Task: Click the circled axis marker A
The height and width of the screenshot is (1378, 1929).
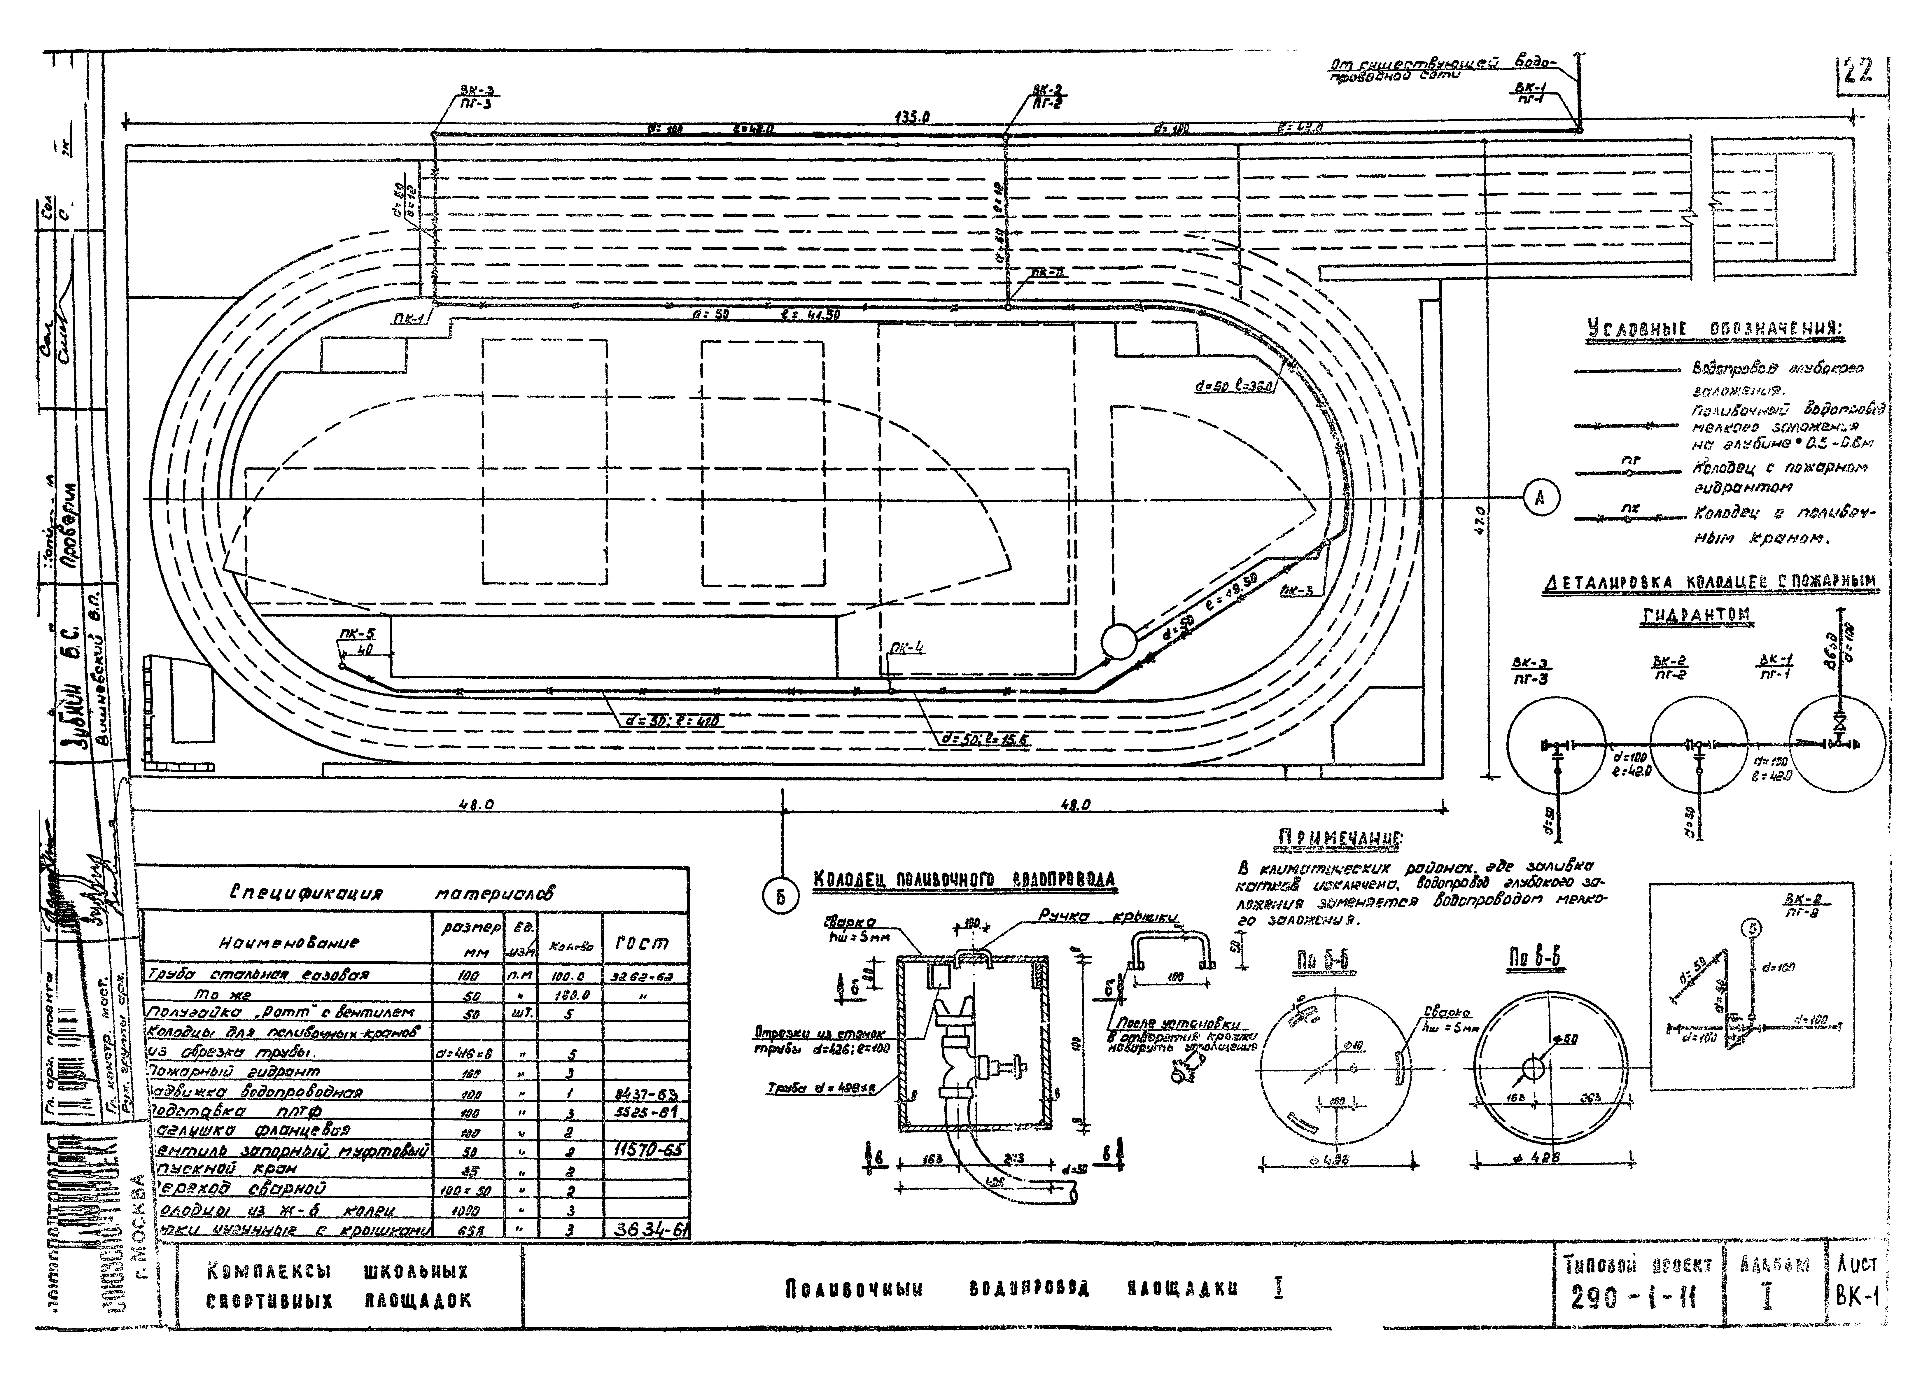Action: [x=1540, y=498]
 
